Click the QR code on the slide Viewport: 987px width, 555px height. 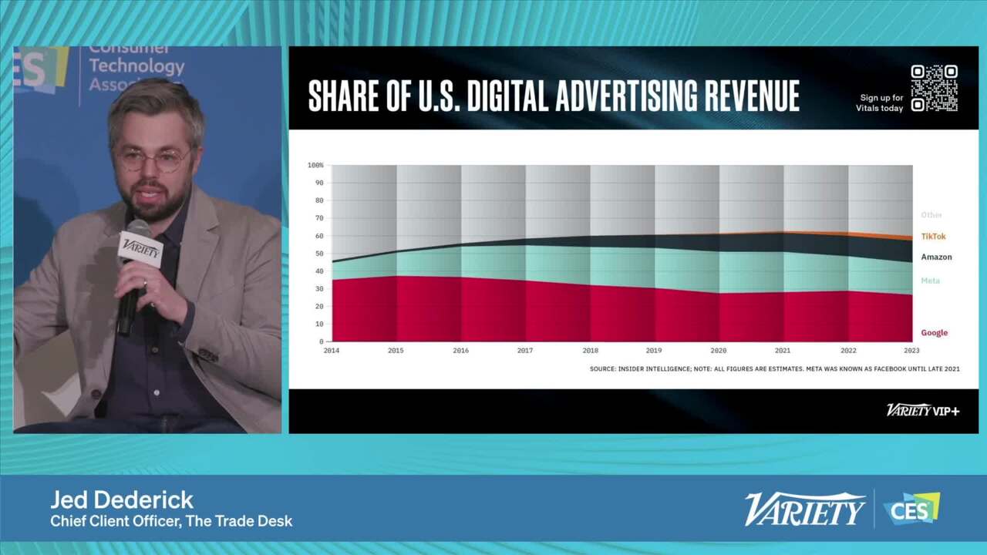934,88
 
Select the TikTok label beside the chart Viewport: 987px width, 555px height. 933,237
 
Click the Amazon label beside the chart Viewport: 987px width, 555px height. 936,257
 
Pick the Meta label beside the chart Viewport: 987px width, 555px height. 930,281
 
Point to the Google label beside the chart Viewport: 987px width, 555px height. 934,333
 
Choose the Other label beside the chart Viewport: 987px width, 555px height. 931,215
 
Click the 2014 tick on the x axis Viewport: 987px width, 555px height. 332,351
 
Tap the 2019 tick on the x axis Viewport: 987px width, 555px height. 654,351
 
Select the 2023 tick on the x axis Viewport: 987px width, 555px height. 912,351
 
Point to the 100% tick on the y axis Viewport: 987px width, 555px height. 315,165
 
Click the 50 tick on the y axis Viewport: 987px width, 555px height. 319,254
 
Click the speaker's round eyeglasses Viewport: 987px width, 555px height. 153,160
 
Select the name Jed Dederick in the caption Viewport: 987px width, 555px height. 122,499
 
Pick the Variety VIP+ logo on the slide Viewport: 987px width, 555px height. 922,410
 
